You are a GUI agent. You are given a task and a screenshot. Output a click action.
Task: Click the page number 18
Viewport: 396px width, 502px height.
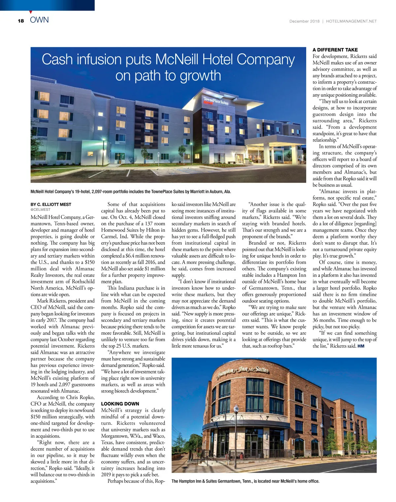21,21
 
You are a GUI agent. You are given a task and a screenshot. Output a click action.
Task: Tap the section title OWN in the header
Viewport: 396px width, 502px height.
39,20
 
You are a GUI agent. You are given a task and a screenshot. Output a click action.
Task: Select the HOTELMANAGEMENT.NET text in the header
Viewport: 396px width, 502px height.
351,21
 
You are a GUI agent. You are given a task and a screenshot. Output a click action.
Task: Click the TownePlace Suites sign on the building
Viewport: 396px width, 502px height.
215,101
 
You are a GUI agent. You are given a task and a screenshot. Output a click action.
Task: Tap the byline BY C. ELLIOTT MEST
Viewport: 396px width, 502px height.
51,204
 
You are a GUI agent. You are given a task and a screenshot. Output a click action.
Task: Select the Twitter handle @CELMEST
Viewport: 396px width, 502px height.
41,210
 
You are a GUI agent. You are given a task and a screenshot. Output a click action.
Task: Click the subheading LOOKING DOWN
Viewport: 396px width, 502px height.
120,404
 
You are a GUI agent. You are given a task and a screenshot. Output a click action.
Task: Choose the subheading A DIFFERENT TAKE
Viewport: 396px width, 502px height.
335,50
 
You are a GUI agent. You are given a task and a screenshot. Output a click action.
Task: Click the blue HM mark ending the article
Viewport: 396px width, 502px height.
361,346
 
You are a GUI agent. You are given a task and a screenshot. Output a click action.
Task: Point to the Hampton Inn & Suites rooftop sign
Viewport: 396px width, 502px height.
242,371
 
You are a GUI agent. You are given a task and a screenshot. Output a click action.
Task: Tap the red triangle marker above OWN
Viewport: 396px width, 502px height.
31,12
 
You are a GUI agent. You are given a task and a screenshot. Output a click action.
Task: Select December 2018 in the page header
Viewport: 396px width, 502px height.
304,21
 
